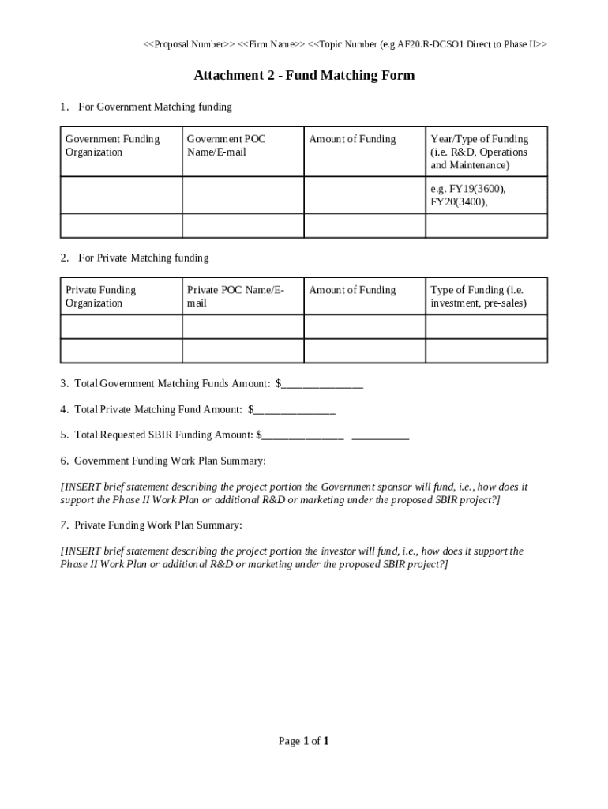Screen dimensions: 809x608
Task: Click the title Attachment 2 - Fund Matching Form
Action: point(304,76)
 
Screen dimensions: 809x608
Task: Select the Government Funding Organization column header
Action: point(112,145)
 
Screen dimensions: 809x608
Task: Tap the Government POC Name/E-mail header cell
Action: point(227,145)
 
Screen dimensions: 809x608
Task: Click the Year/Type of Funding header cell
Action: point(479,152)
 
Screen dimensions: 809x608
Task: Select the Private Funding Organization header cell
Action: point(100,296)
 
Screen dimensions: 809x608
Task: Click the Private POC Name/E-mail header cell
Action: point(235,296)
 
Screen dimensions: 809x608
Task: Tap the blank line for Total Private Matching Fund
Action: point(295,410)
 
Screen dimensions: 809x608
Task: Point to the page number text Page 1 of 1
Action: point(304,741)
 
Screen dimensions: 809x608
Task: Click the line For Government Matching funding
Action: point(155,107)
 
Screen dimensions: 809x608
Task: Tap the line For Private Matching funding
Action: point(143,258)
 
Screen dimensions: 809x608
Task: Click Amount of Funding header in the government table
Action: point(352,139)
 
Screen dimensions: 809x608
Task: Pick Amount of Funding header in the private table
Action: point(352,290)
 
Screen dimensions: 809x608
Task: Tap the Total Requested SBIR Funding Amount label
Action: point(163,435)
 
